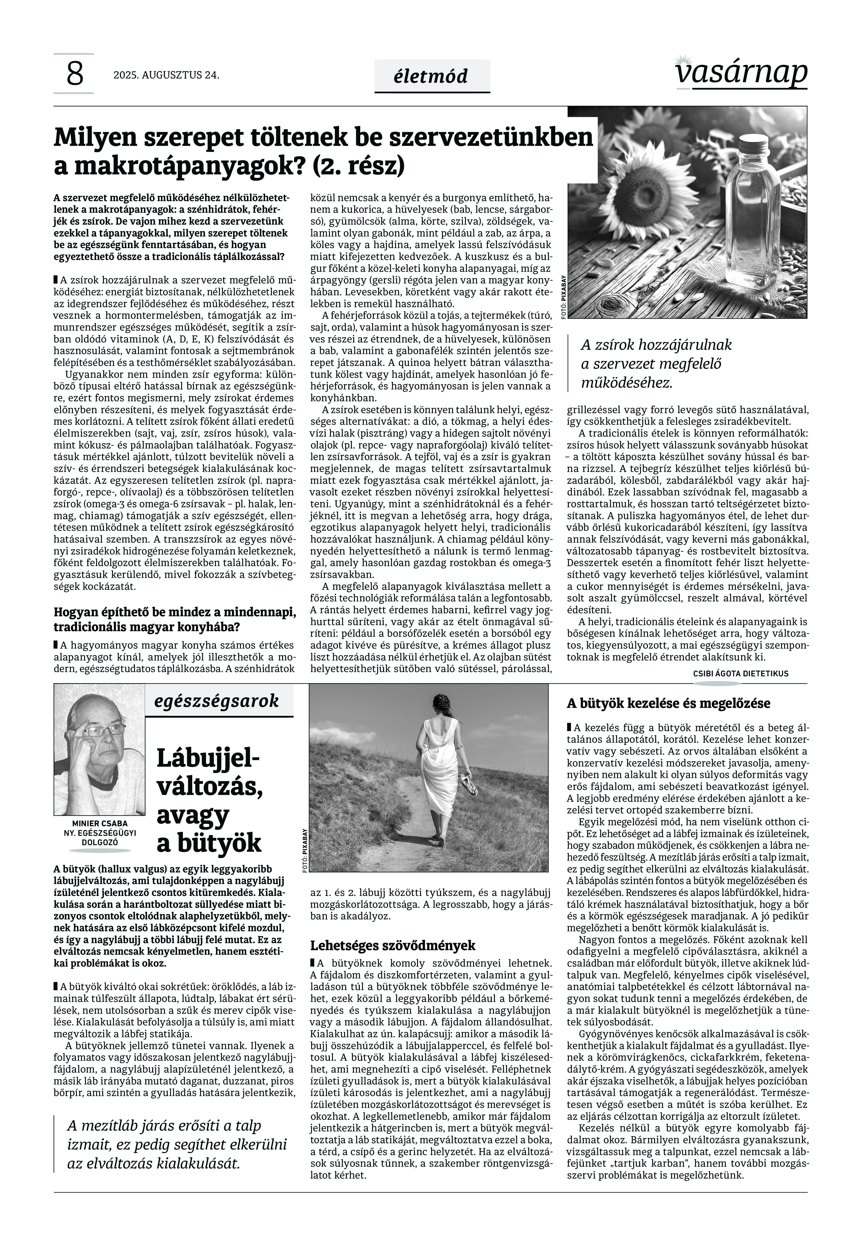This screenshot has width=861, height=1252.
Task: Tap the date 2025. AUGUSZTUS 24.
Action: pyautogui.click(x=166, y=75)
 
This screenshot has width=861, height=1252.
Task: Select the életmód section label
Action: pyautogui.click(x=432, y=76)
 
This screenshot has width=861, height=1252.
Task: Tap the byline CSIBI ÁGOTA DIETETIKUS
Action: pyautogui.click(x=741, y=674)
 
